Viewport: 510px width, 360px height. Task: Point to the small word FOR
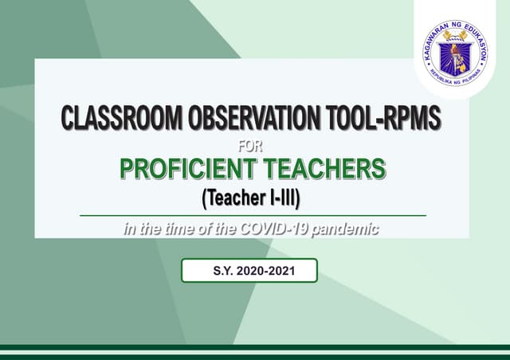coord(250,146)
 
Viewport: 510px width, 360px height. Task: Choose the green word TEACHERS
coord(328,169)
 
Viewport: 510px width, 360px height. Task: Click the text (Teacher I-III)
coord(251,194)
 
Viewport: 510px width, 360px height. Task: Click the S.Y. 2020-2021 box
coord(249,271)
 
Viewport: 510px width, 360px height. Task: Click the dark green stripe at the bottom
coord(255,348)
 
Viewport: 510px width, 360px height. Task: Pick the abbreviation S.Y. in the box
coord(222,271)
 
